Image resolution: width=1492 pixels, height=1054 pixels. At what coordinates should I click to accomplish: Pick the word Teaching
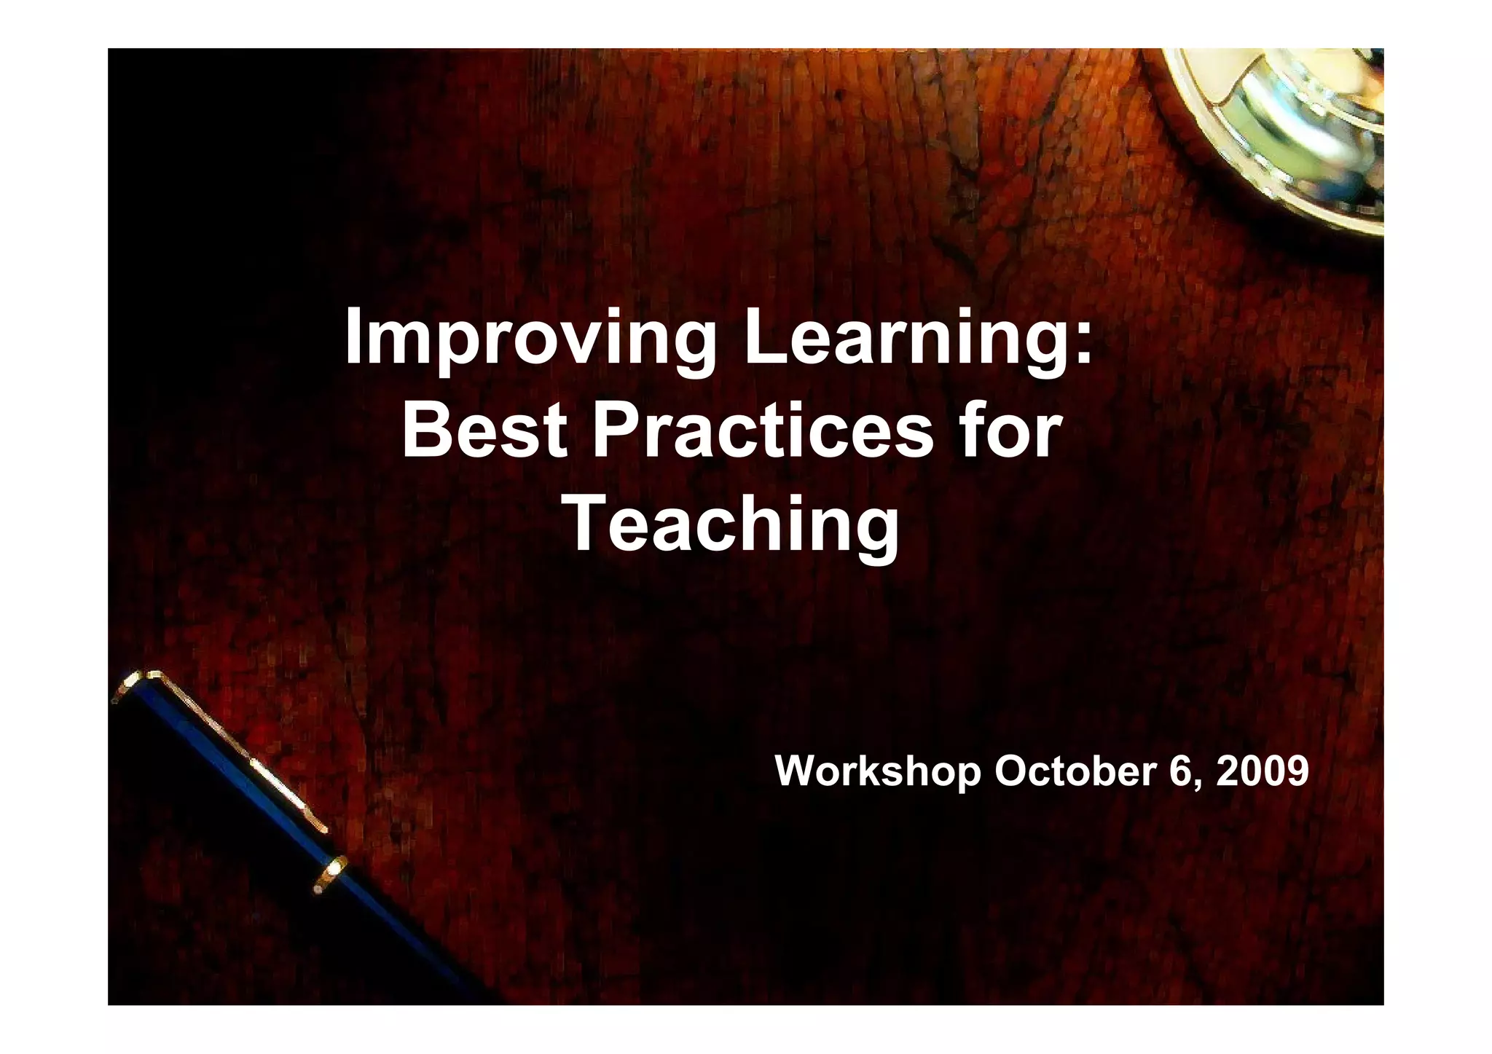[x=732, y=524]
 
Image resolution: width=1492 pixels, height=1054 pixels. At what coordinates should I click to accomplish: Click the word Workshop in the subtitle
[x=878, y=771]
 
